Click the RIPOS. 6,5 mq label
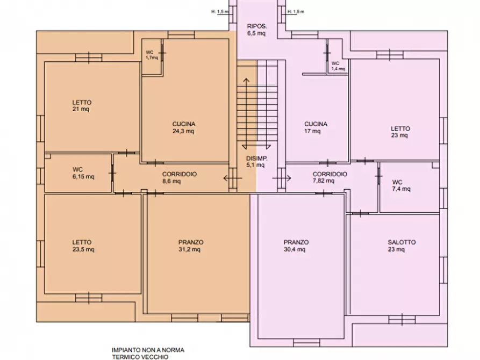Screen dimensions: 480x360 256,30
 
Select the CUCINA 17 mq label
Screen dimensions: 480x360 316,128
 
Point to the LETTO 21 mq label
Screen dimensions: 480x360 82,106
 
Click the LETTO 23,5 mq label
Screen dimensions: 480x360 83,246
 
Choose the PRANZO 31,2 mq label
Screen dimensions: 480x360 191,246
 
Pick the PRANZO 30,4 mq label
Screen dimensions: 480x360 296,246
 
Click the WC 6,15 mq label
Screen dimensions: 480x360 83,173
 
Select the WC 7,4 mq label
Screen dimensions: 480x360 401,185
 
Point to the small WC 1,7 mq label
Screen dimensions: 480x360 152,55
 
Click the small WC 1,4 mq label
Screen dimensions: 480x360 338,66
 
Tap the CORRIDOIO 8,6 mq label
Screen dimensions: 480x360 180,177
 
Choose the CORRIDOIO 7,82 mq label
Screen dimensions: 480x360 329,177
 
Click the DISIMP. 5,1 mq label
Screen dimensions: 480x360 256,162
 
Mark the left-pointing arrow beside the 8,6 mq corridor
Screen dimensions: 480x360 232,178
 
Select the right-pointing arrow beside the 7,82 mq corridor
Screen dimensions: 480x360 282,178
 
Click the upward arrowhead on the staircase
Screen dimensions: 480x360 246,81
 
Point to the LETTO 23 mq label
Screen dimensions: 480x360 400,132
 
